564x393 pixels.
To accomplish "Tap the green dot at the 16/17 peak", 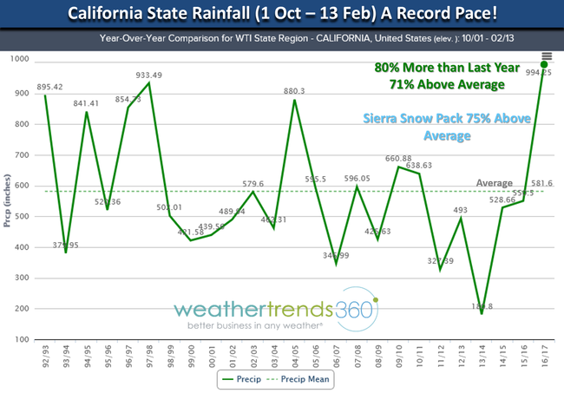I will [544, 63].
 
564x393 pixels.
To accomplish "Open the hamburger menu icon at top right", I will [546, 55].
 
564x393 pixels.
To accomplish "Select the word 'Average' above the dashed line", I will [494, 183].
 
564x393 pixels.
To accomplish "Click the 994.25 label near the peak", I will [539, 75].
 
